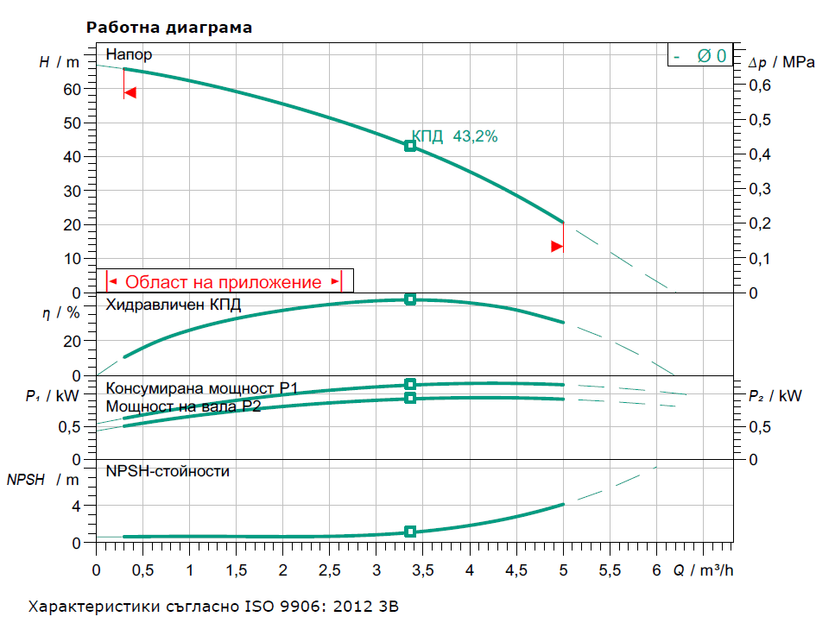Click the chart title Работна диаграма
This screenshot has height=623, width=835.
click(x=169, y=28)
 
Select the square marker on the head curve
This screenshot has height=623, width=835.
click(x=410, y=146)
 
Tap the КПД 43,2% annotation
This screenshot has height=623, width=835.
click(x=454, y=136)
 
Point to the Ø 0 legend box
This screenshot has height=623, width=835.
click(x=700, y=56)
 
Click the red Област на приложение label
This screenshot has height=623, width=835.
click(x=224, y=281)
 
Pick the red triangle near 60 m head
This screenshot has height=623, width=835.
click(x=130, y=92)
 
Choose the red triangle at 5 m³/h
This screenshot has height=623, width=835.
click(x=557, y=247)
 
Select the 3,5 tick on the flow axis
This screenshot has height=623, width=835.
click(x=422, y=570)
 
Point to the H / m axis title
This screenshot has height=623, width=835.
click(x=59, y=62)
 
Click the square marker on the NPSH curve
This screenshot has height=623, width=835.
click(x=410, y=532)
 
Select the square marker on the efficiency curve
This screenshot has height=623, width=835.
click(x=410, y=299)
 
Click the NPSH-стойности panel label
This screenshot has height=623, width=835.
click(x=168, y=471)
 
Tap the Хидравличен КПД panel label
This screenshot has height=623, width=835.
click(x=174, y=305)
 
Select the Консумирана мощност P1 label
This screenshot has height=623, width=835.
click(x=201, y=389)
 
